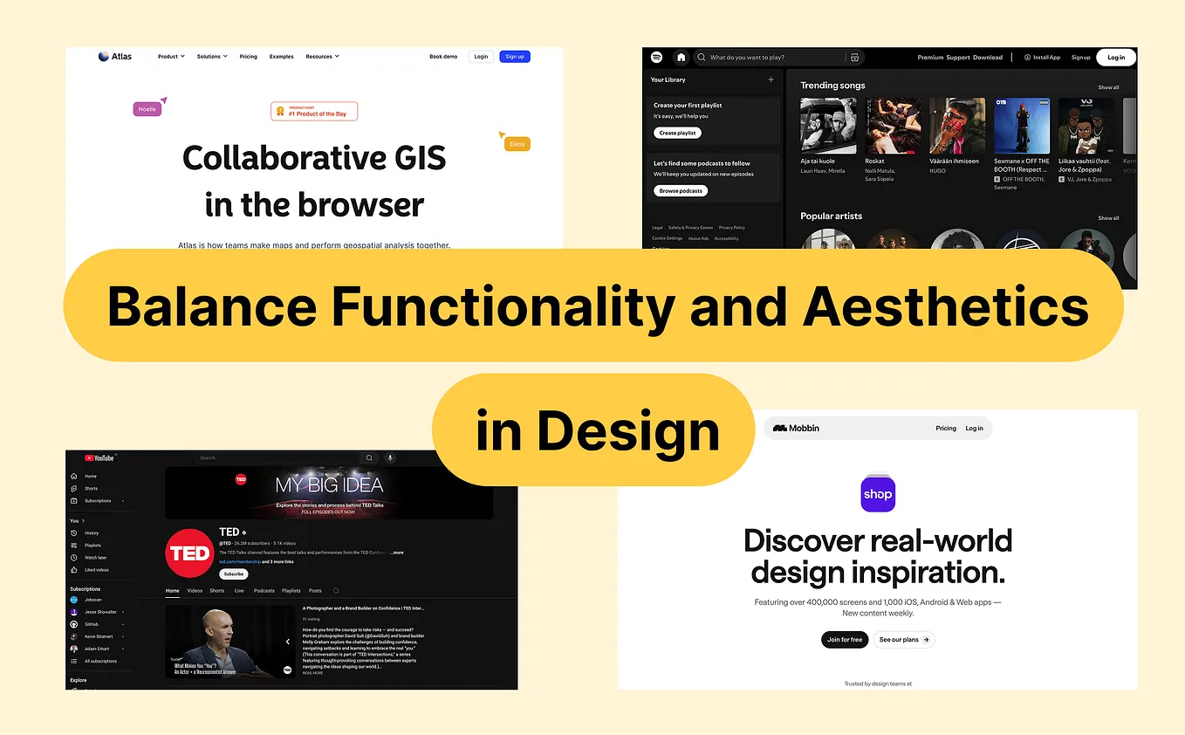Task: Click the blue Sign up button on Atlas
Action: pyautogui.click(x=515, y=57)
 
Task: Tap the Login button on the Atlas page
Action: pyautogui.click(x=480, y=57)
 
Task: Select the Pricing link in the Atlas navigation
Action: pyautogui.click(x=249, y=57)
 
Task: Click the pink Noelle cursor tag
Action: pyautogui.click(x=147, y=109)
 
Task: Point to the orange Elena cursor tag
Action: pyautogui.click(x=517, y=144)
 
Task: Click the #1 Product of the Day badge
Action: pyautogui.click(x=314, y=111)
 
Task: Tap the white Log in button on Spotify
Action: pyautogui.click(x=1116, y=58)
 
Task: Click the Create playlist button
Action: pyautogui.click(x=677, y=133)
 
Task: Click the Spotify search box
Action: pyautogui.click(x=772, y=58)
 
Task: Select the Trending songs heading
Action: pyautogui.click(x=832, y=86)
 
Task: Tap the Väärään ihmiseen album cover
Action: pyautogui.click(x=957, y=126)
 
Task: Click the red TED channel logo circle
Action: pyautogui.click(x=189, y=553)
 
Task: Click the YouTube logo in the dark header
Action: pyautogui.click(x=99, y=457)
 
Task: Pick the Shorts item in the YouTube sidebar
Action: pyautogui.click(x=91, y=489)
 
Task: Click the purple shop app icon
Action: pyautogui.click(x=878, y=494)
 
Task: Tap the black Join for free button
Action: pyautogui.click(x=845, y=640)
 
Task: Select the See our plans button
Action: pyautogui.click(x=903, y=640)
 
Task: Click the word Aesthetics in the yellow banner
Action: pyautogui.click(x=945, y=306)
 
